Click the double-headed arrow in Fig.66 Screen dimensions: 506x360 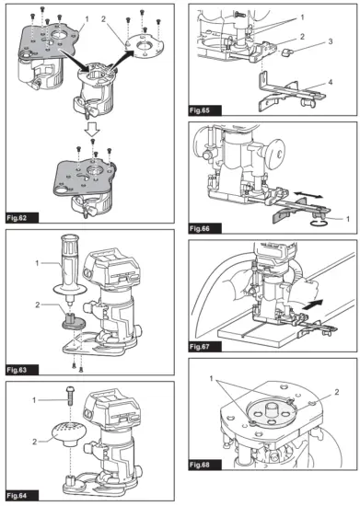(312, 193)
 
